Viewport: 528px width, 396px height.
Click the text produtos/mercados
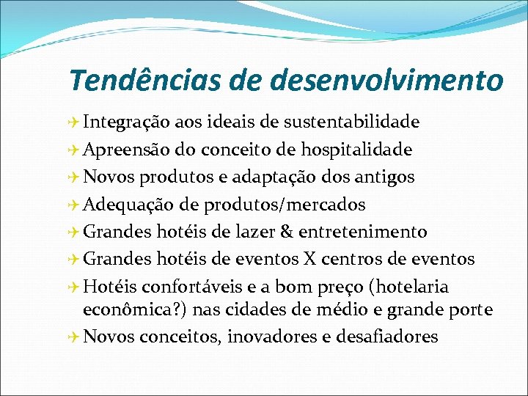pos(285,205)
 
